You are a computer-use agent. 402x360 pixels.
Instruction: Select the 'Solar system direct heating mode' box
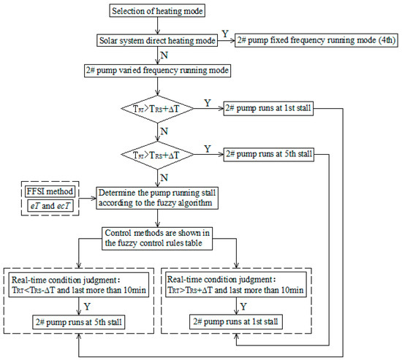(157, 42)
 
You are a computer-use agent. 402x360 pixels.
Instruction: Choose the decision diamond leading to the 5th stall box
(159, 156)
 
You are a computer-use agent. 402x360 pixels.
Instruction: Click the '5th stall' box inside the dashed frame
(78, 321)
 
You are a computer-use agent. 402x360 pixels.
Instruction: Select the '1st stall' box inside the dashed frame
(237, 321)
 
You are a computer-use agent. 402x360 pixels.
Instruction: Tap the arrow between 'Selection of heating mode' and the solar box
(156, 27)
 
